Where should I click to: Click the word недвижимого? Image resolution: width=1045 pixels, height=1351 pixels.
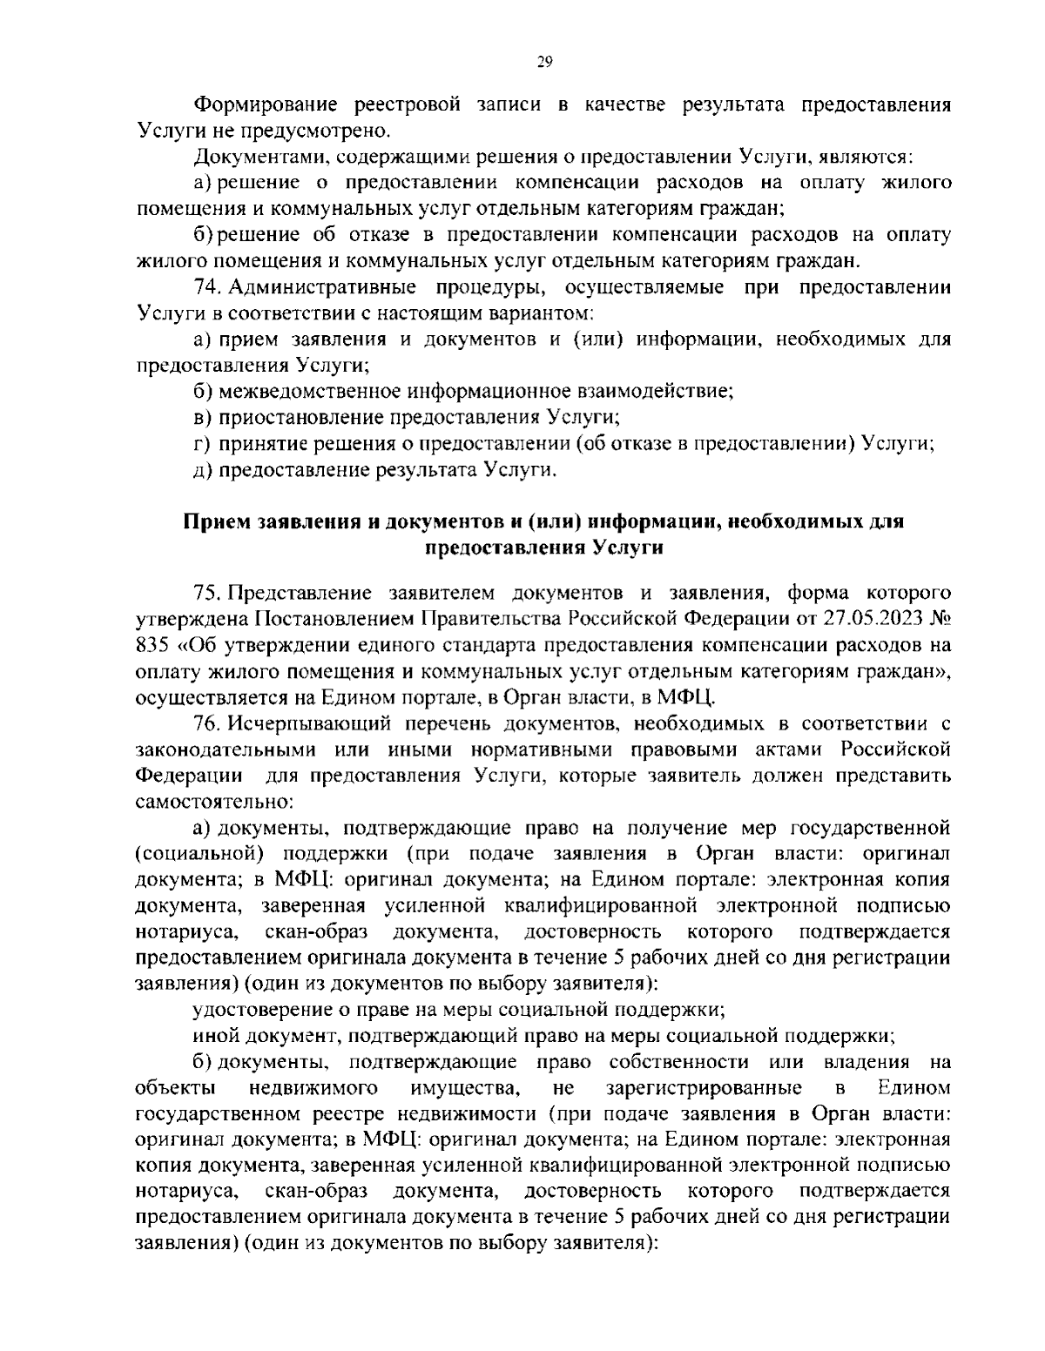[313, 1088]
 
